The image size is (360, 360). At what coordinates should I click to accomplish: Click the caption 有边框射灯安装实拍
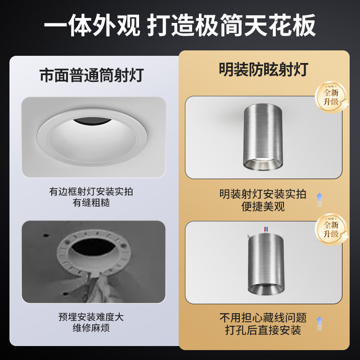(91, 192)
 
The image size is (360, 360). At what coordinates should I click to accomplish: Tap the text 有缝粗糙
(91, 203)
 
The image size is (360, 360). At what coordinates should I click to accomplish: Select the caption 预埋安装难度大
(91, 317)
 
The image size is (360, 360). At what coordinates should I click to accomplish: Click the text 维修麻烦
(91, 328)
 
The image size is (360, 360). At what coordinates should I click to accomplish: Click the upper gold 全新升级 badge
(331, 97)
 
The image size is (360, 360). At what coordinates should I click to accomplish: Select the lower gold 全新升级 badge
(331, 229)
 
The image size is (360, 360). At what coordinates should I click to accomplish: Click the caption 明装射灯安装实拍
(263, 194)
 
